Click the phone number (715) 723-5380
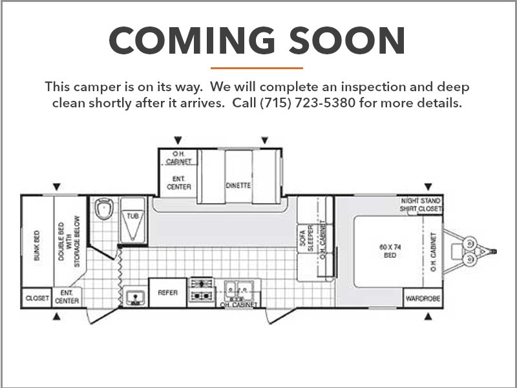click(x=308, y=103)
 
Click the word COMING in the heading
click(x=192, y=40)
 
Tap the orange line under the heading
click(x=257, y=69)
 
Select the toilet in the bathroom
click(x=104, y=208)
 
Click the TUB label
click(x=133, y=216)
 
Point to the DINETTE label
click(x=238, y=186)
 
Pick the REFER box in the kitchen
click(x=168, y=293)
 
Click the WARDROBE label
click(x=423, y=299)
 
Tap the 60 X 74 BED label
click(x=390, y=251)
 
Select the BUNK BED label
click(x=37, y=246)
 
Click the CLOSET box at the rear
click(x=37, y=298)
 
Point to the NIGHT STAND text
click(x=421, y=201)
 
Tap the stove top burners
click(x=202, y=290)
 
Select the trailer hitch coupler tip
click(x=494, y=252)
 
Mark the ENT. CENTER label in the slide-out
click(x=179, y=183)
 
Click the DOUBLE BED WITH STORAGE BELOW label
click(x=69, y=241)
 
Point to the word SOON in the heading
click(x=347, y=40)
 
